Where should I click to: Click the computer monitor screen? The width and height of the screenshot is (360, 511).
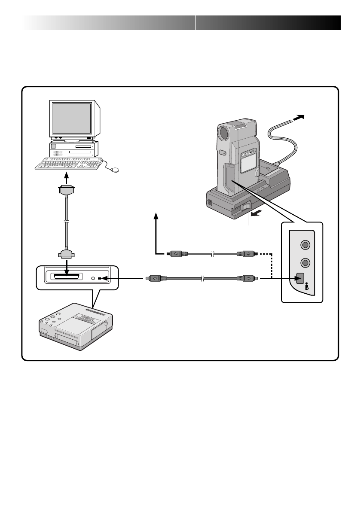pos(72,118)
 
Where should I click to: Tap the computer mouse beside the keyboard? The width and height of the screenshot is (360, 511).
pos(115,170)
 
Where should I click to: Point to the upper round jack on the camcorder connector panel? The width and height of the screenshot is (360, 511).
pos(305,245)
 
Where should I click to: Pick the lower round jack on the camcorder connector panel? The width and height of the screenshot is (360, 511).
pos(305,262)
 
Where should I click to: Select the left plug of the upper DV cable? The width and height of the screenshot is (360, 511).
pos(176,254)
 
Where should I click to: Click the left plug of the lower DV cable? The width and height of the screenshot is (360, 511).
pos(154,279)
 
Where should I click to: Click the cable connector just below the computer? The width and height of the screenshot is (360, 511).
pos(66,190)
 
